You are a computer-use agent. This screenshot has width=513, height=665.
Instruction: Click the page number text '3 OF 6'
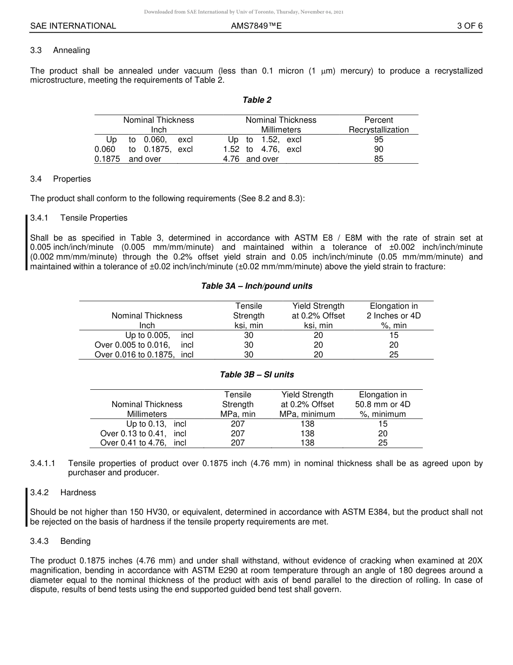click(469, 25)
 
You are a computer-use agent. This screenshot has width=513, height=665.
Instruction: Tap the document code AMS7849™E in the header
click(256, 25)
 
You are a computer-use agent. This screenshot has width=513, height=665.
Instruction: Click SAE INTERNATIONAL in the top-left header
click(73, 25)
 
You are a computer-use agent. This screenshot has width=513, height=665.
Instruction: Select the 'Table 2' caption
click(256, 100)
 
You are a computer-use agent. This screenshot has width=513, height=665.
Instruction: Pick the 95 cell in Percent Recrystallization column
click(379, 139)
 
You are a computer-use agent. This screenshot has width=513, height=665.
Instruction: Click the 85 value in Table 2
click(379, 159)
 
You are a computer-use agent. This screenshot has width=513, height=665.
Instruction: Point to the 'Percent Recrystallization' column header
click(379, 125)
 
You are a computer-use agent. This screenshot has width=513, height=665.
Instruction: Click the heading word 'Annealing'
click(71, 50)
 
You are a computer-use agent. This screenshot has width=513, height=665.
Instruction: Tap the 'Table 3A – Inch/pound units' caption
click(256, 286)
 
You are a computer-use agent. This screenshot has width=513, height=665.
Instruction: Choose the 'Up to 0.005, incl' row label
click(159, 335)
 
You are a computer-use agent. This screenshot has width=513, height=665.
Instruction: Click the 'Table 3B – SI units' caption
click(256, 375)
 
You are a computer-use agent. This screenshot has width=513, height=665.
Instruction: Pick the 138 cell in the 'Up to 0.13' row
click(307, 424)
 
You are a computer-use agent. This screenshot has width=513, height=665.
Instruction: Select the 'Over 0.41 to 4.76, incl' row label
click(143, 443)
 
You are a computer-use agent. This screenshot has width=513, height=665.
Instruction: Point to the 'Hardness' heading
click(78, 493)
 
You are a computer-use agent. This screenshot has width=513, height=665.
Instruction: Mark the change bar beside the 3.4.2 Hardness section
click(26, 507)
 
